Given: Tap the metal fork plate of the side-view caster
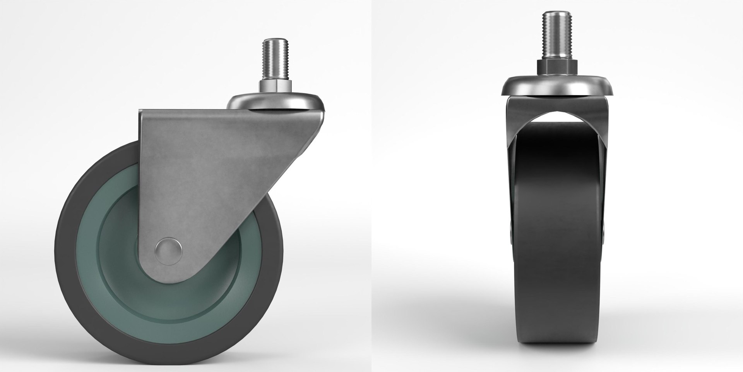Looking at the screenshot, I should click(x=201, y=163).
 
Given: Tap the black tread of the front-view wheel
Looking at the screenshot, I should click(x=557, y=232).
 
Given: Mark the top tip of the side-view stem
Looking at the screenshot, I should click(x=274, y=40).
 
